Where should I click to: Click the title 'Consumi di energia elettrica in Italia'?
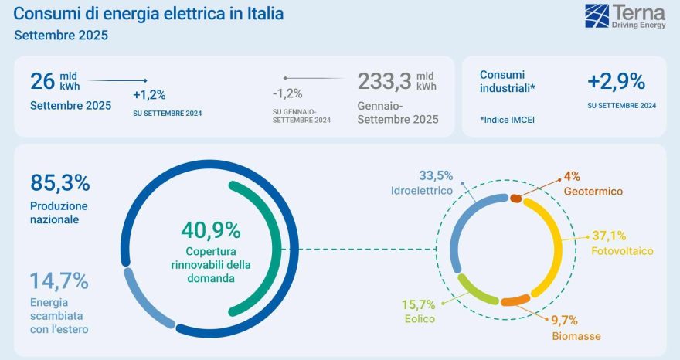coord(149,14)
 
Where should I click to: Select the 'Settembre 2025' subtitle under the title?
coord(61,36)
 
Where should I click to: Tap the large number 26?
coord(42,80)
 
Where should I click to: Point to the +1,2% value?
coord(149,95)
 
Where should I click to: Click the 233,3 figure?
coord(384,80)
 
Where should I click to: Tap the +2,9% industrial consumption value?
coord(615,80)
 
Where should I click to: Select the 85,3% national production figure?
coord(60,183)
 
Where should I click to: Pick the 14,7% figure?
coord(59,280)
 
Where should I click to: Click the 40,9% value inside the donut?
coord(210,230)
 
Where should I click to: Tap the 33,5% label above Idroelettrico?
coord(435,175)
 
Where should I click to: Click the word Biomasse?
coord(576,336)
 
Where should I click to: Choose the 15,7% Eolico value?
coord(418,304)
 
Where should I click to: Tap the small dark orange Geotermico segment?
coord(515,199)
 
